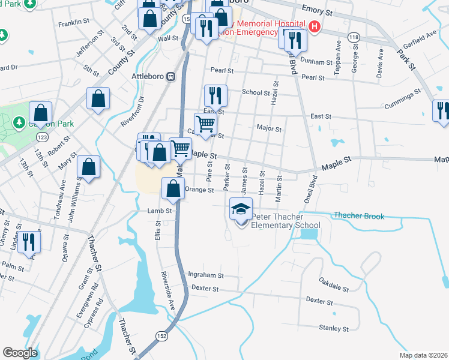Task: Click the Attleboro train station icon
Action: coord(170,77)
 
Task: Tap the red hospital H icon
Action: coord(314,27)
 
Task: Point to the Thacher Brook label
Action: coord(358,215)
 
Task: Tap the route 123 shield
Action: coord(41,137)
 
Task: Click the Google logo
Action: coord(20,353)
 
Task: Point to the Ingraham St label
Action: coord(206,275)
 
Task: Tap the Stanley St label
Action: coord(334,329)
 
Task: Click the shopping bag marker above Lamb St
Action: coord(173,189)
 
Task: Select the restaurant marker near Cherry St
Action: coord(28,242)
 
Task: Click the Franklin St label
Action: coord(73,25)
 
